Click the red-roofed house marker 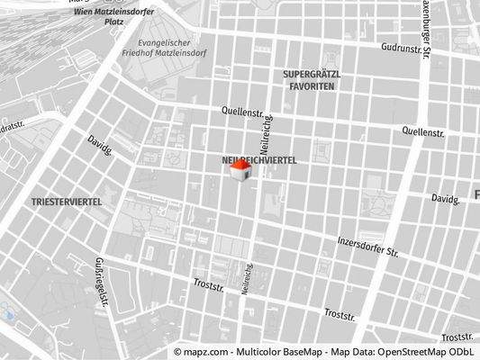click(x=240, y=171)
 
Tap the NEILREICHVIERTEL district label click(x=258, y=159)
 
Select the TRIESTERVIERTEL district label click(x=66, y=202)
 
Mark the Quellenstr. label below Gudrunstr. click(x=423, y=131)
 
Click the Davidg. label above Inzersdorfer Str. click(x=445, y=198)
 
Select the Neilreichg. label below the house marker click(x=249, y=277)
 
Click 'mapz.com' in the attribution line click(x=210, y=352)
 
